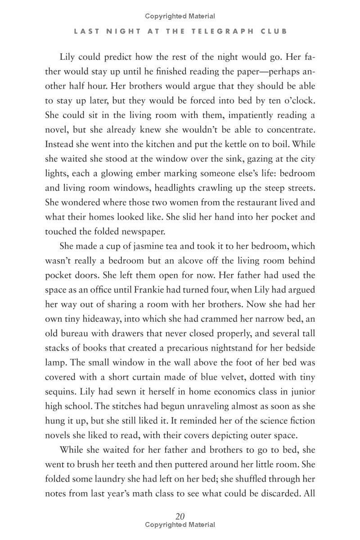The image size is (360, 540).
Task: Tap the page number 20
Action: (x=180, y=516)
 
